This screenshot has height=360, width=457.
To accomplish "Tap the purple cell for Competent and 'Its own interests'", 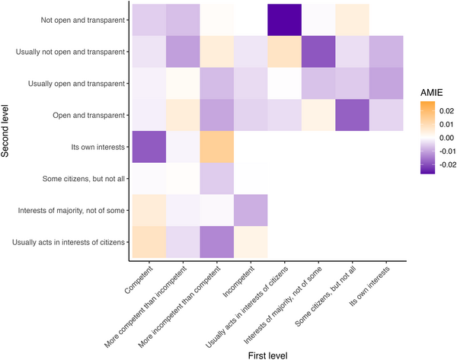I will [147, 145].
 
